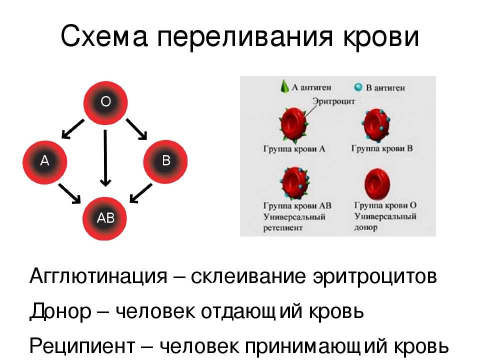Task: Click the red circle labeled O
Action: (105, 103)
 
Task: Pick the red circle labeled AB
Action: (104, 218)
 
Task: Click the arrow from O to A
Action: (72, 129)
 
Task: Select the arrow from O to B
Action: (137, 129)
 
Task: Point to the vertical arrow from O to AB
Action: (105, 158)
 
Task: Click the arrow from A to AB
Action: (69, 193)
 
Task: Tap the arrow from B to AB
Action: (141, 193)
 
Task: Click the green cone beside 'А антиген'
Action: (284, 86)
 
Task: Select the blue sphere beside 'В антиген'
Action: (358, 87)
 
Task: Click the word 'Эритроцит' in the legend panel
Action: (333, 101)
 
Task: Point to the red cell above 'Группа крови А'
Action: (294, 125)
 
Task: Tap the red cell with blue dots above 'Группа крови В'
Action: (376, 125)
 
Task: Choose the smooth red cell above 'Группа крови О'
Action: (377, 184)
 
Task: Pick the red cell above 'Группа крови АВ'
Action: (295, 183)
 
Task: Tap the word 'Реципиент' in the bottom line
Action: (82, 346)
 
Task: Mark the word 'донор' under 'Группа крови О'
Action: (366, 228)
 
